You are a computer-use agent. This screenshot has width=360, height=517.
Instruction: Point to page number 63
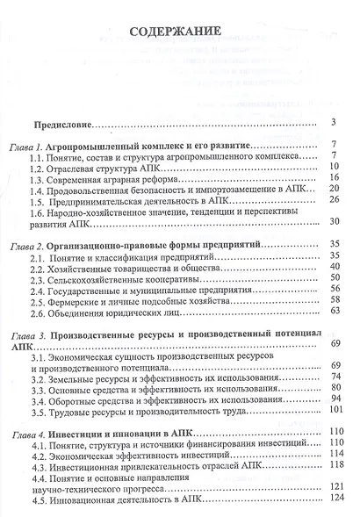coord(334,310)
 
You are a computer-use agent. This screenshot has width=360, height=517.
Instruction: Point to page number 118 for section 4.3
coord(332,463)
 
